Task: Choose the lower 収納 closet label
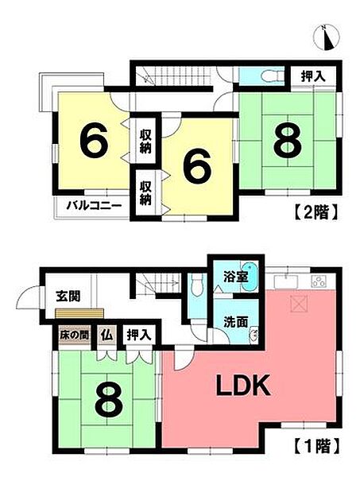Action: point(147,192)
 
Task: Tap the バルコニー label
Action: point(93,205)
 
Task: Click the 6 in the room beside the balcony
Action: point(93,143)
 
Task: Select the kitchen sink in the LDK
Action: point(284,281)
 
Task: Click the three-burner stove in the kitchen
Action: point(319,281)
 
